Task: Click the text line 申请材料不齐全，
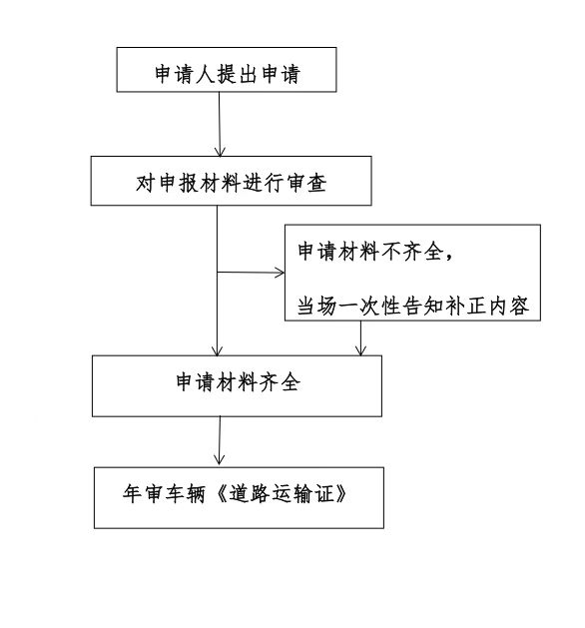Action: coord(376,252)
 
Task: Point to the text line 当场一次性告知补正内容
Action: coord(413,306)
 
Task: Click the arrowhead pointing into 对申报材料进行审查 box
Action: coord(220,152)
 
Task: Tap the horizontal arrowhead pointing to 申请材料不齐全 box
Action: coord(280,273)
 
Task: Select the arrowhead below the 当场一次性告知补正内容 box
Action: coord(360,350)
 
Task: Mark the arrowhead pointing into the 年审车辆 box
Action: coord(219,460)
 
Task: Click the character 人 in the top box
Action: coord(206,74)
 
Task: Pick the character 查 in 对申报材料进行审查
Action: coord(316,183)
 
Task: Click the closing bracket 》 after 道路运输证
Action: coord(340,493)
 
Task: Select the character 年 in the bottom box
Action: coord(133,493)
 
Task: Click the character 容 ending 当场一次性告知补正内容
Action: coord(519,306)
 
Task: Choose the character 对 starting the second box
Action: coord(146,183)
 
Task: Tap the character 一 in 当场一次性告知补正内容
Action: coord(349,307)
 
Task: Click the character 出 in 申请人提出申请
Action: coord(247,74)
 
